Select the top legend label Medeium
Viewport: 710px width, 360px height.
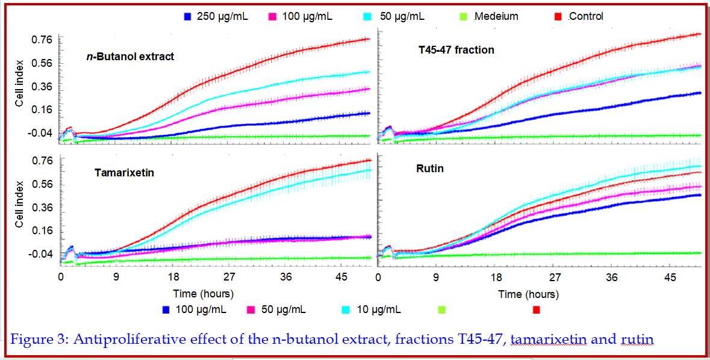(496, 16)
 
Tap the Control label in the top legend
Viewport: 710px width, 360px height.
(585, 16)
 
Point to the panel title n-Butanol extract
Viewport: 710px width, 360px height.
(129, 57)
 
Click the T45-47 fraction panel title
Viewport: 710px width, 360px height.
(456, 50)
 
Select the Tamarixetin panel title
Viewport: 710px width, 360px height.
(124, 173)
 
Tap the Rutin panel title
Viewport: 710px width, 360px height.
(430, 169)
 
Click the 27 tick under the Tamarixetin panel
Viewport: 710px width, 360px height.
(229, 277)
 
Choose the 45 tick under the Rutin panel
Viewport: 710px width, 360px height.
(669, 278)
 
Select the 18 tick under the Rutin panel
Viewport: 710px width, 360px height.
(496, 278)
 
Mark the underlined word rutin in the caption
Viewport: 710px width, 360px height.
(637, 340)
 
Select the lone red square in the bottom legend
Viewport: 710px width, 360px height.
(537, 310)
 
